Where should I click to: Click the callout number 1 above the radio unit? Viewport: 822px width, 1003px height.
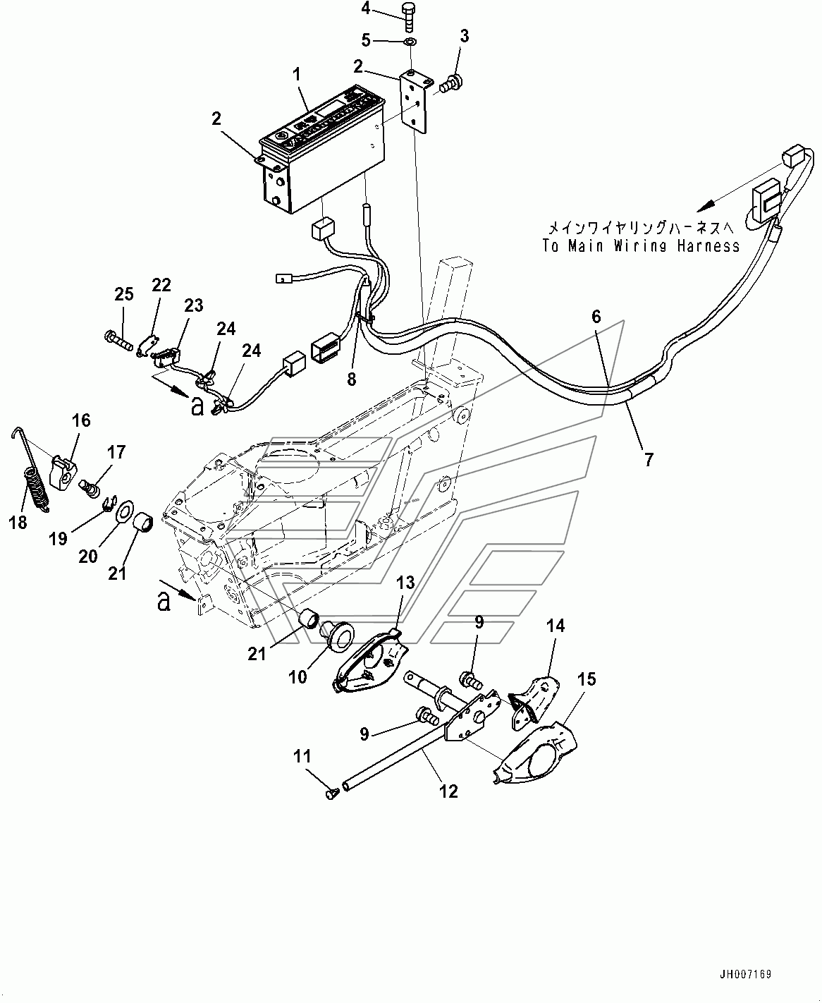[297, 73]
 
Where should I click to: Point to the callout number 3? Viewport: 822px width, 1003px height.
[463, 36]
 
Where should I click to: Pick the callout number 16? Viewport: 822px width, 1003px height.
[81, 420]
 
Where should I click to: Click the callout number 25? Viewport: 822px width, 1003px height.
[123, 294]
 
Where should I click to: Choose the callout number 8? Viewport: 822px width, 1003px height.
[350, 379]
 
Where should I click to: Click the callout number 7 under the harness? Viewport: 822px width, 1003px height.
[648, 459]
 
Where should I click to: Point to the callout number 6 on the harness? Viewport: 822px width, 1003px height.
[596, 317]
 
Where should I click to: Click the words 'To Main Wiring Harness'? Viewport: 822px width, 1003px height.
[641, 245]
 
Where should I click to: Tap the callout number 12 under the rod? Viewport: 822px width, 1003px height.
[448, 791]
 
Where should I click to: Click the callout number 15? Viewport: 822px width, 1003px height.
[587, 679]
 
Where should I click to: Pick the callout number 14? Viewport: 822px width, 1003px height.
[556, 625]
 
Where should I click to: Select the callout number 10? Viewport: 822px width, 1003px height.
[298, 676]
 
